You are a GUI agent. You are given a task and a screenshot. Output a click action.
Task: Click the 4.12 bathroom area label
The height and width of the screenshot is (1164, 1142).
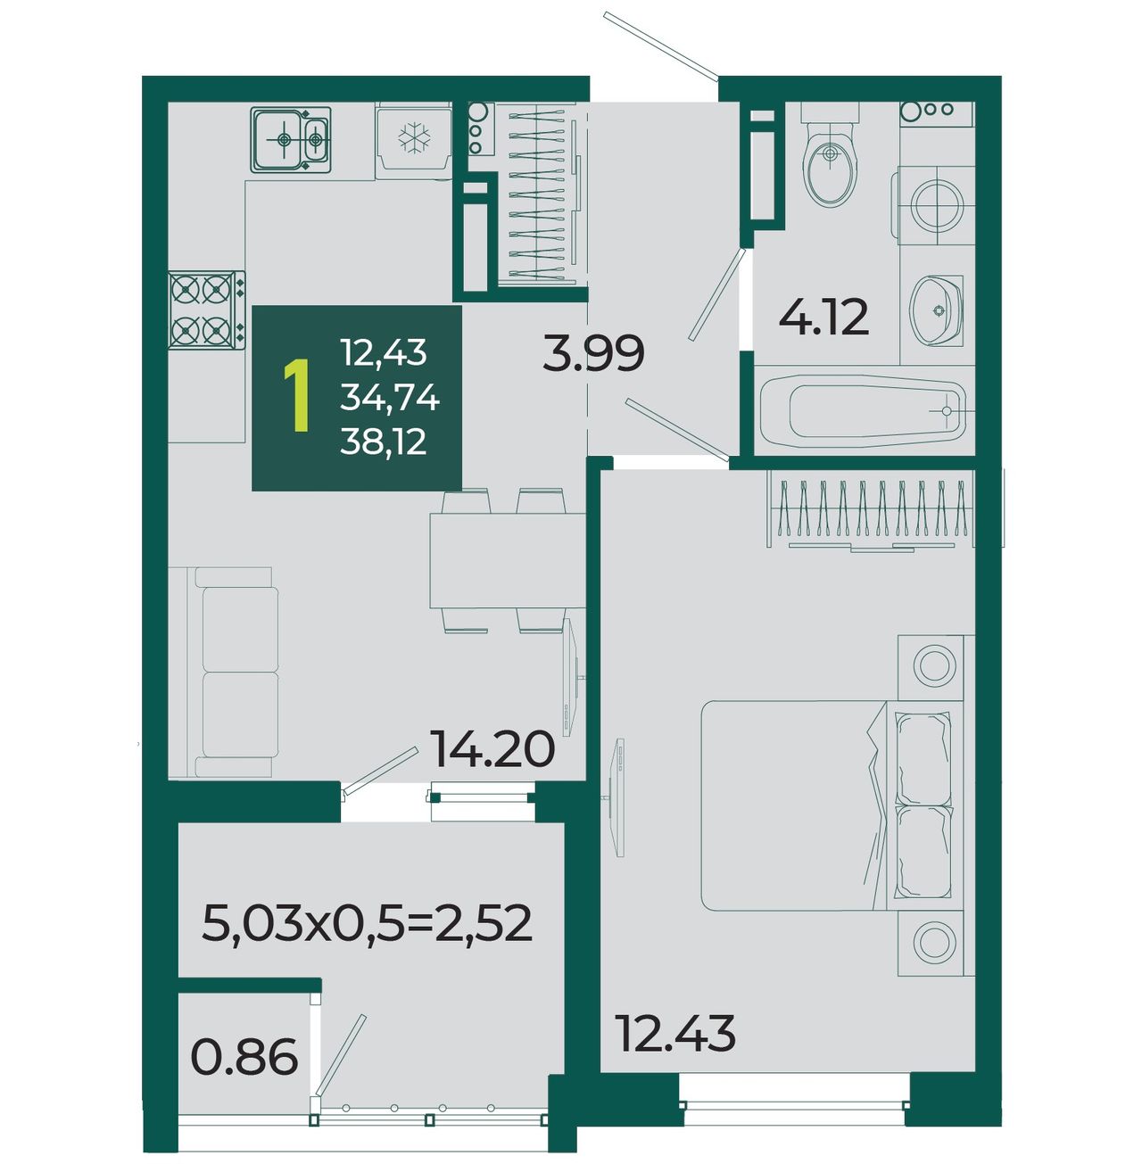pyautogui.click(x=823, y=318)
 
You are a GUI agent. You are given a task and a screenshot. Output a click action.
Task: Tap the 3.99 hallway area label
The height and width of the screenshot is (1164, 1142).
pyautogui.click(x=593, y=353)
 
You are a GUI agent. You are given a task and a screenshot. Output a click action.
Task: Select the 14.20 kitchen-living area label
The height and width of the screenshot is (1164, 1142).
pyautogui.click(x=492, y=749)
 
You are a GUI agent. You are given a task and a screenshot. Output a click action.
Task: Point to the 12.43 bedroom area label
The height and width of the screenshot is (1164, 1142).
pyautogui.click(x=674, y=1033)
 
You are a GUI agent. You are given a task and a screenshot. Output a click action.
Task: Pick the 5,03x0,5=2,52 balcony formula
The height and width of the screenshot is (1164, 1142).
pyautogui.click(x=367, y=923)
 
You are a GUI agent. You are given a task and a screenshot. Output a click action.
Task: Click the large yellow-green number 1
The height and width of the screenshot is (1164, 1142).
pyautogui.click(x=297, y=396)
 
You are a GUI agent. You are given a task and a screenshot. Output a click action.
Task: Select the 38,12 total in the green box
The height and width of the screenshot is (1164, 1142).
pyautogui.click(x=383, y=442)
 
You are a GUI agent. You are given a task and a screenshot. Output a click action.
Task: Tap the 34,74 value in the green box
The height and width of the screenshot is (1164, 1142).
pyautogui.click(x=389, y=398)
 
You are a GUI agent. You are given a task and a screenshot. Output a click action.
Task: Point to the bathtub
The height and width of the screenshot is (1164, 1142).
pyautogui.click(x=863, y=411)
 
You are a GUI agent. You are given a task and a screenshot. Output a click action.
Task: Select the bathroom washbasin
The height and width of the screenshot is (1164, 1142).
pyautogui.click(x=936, y=310)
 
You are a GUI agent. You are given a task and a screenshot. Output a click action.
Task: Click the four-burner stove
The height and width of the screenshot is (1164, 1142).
pyautogui.click(x=207, y=310)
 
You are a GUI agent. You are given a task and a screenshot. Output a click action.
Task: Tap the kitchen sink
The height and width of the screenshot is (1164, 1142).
pyautogui.click(x=291, y=140)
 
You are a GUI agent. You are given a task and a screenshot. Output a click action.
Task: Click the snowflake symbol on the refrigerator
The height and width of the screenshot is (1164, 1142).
pyautogui.click(x=414, y=138)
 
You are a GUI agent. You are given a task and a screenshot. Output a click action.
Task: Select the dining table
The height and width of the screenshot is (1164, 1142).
pyautogui.click(x=508, y=560)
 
